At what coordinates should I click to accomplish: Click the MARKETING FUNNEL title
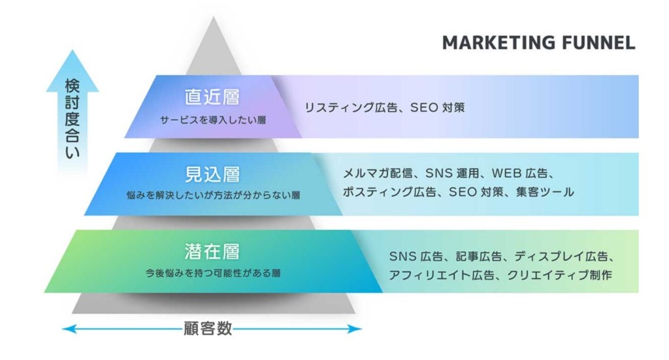point(538,43)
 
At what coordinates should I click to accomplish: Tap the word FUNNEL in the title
point(598,43)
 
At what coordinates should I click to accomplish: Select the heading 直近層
point(212,97)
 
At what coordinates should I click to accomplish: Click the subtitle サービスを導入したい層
point(213,120)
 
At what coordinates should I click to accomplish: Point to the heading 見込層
point(212,174)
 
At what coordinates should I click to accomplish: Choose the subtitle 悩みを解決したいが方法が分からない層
point(214,195)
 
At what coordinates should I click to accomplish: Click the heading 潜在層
point(212,252)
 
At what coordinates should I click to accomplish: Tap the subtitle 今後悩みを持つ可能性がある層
point(213,273)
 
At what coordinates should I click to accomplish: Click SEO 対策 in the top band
point(437,108)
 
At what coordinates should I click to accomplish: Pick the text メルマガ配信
point(378,173)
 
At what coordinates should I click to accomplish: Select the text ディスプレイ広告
point(561,256)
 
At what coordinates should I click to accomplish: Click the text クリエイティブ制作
point(559,275)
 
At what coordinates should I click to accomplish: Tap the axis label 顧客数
point(208,329)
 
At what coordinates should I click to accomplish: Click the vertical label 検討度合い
point(72,118)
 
